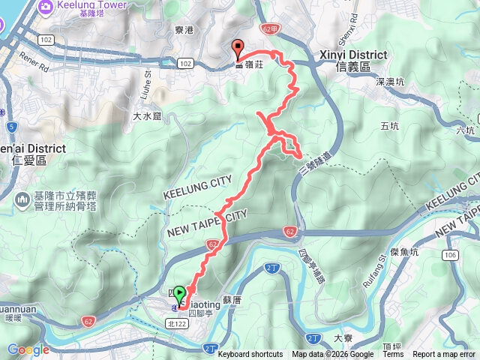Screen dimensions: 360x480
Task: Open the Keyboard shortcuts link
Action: [250, 355]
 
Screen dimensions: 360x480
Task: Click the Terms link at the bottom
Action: [393, 355]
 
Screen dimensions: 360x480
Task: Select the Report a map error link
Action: [445, 355]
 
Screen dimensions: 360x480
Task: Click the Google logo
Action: [28, 349]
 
